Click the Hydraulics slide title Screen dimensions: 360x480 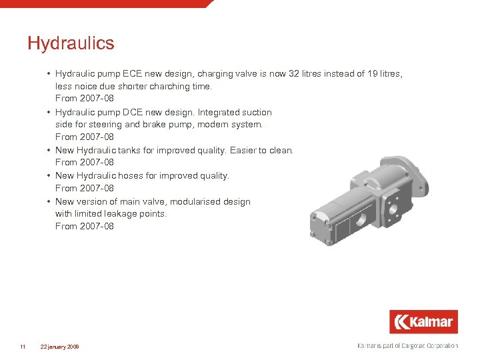click(x=71, y=44)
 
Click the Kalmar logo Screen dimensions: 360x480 click(x=424, y=322)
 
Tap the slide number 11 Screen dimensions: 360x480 click(x=23, y=347)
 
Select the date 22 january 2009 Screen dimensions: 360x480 click(x=59, y=347)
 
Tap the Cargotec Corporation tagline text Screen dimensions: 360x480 click(x=407, y=346)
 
